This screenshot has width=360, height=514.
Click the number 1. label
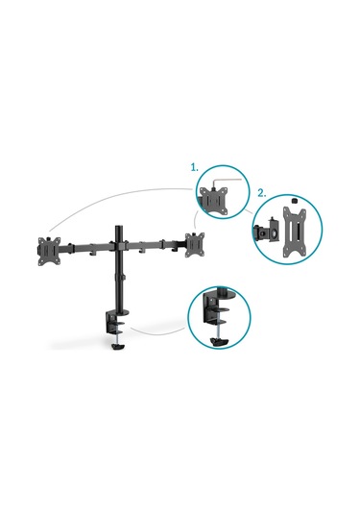(194, 166)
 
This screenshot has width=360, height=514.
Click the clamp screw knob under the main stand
(119, 347)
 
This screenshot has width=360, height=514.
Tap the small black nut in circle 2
(293, 202)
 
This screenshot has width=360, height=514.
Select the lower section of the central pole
(121, 288)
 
